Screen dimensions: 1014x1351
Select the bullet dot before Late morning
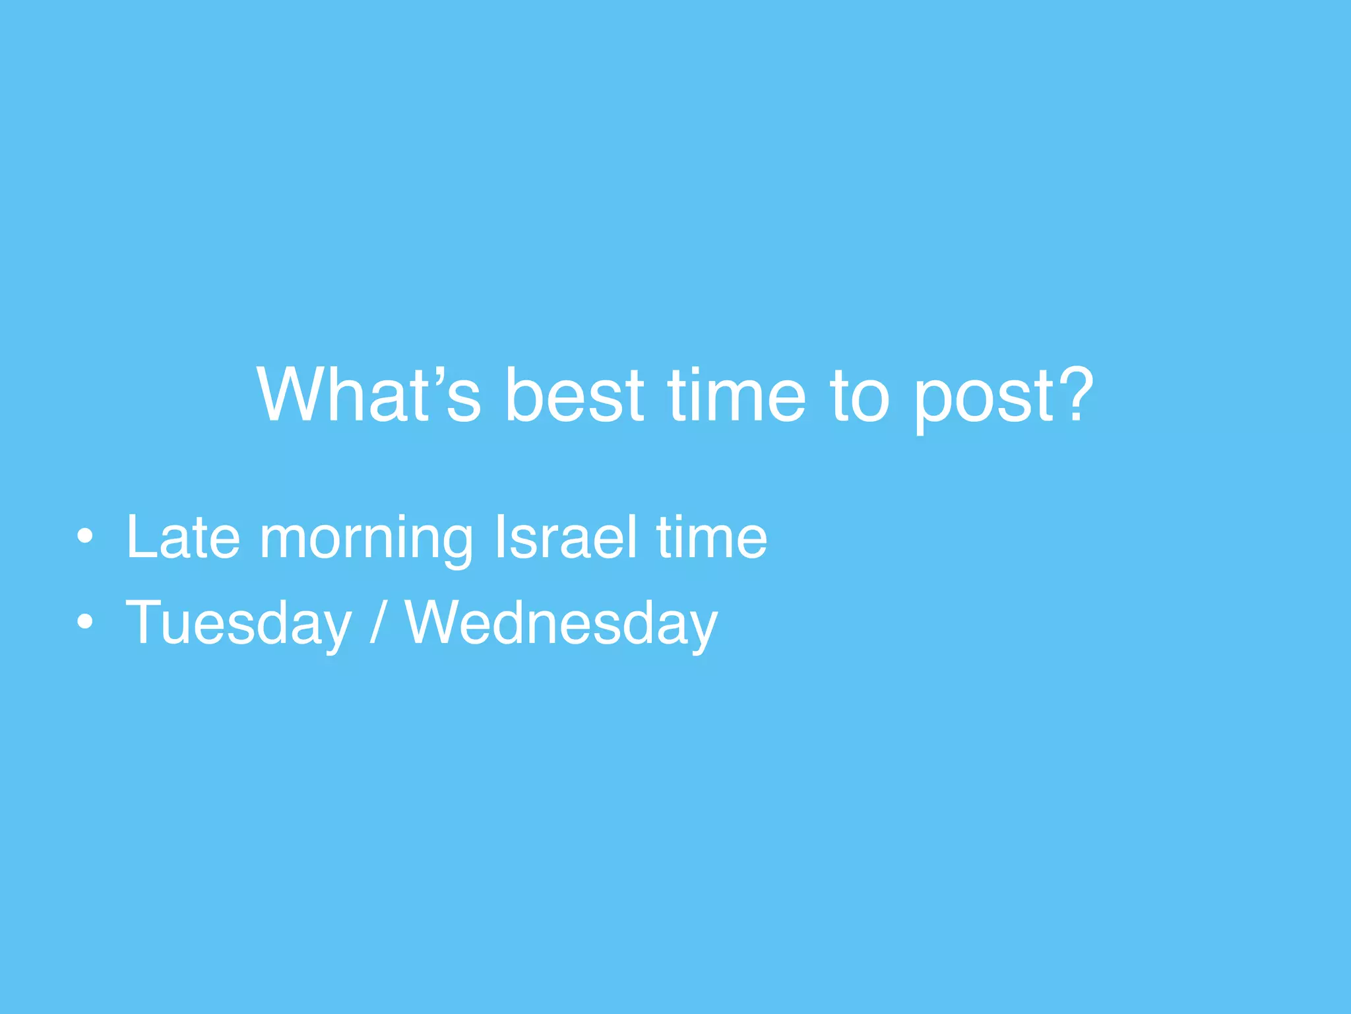click(x=84, y=537)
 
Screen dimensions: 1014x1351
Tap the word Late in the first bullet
click(x=183, y=537)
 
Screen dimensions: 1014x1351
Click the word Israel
click(x=566, y=537)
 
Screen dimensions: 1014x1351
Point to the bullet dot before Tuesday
click(x=84, y=621)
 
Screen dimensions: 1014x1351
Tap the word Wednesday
click(x=561, y=623)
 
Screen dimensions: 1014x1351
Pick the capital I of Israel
click(x=500, y=537)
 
